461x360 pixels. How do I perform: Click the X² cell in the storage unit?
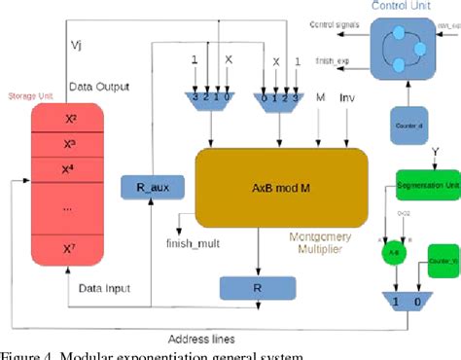[x=70, y=118]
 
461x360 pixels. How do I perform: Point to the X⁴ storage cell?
[x=70, y=170]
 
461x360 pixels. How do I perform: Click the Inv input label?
[x=347, y=98]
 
